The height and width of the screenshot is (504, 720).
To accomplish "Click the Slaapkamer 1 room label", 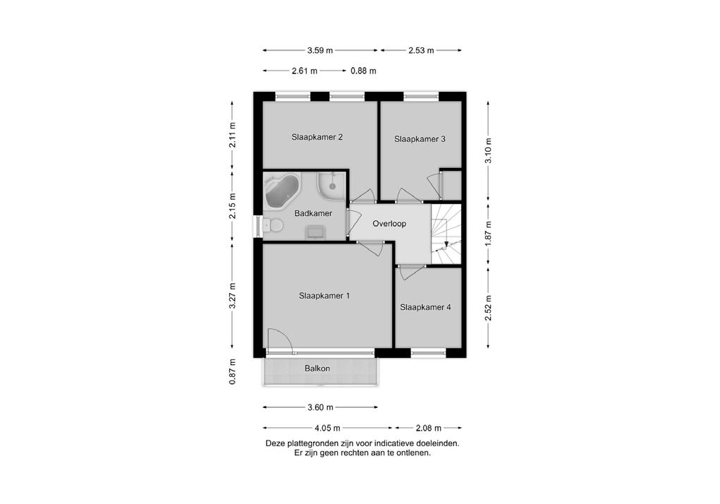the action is (x=324, y=296).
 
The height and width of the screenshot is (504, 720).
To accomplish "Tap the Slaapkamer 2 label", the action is (x=317, y=137).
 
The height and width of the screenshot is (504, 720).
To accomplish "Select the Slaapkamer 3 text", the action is (x=420, y=139).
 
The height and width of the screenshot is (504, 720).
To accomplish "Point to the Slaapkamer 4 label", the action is (x=425, y=307).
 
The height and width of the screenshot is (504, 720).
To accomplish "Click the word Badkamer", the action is (x=313, y=213).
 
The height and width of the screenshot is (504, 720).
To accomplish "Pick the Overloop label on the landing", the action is (x=389, y=224).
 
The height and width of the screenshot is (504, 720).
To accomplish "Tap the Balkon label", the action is (x=317, y=368).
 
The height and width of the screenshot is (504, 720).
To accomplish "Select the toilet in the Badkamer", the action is (x=274, y=226).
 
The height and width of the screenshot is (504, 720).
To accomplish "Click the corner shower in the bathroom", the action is (x=331, y=186).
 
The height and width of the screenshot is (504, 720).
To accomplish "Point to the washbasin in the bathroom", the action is (x=315, y=232).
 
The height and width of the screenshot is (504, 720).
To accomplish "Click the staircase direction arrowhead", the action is (x=446, y=244).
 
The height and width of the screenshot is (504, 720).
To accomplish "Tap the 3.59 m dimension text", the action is (x=320, y=51).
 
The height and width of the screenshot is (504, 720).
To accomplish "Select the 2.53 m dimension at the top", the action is (x=421, y=51).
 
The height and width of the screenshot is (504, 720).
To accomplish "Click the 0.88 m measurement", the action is (x=363, y=71).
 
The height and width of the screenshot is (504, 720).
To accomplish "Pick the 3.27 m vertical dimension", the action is (x=233, y=296).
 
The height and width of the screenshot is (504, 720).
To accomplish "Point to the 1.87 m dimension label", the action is (x=489, y=234).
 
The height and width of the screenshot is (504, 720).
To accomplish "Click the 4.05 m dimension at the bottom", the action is (x=327, y=428).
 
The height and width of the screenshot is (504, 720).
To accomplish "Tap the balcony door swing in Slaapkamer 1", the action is (x=280, y=341).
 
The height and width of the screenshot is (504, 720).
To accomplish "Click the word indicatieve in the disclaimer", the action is (x=395, y=444).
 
